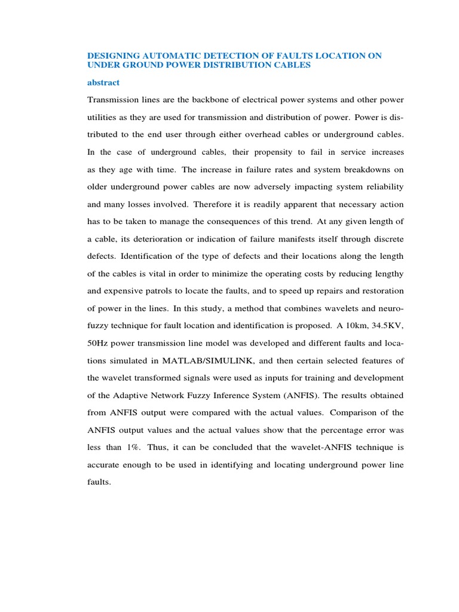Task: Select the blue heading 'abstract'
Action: click(x=103, y=82)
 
